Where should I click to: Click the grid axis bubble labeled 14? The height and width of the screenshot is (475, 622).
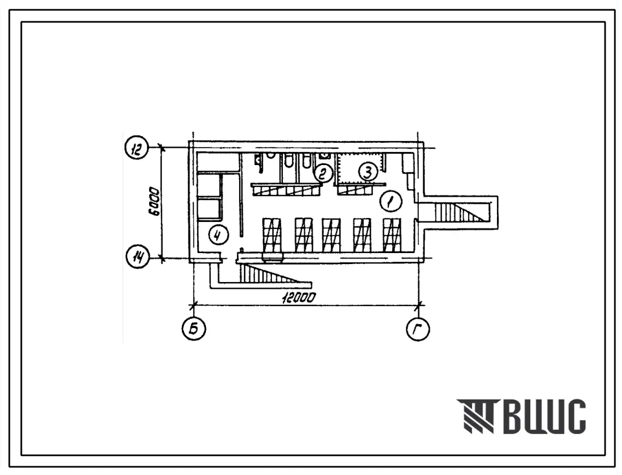coord(137,258)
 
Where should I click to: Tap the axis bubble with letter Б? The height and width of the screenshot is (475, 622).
coord(194,329)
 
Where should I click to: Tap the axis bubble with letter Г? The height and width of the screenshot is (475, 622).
coord(418,329)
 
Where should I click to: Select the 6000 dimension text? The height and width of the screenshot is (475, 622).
coord(155,203)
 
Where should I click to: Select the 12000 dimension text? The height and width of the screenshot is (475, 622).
coord(299,297)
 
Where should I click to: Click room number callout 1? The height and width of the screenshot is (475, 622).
coord(391,201)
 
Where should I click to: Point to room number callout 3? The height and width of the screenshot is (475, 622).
coord(368,172)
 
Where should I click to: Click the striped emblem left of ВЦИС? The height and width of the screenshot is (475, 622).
coord(476,416)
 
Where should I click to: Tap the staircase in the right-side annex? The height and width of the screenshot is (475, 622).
coord(462,212)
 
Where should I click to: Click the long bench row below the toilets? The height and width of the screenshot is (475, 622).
coord(286,191)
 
